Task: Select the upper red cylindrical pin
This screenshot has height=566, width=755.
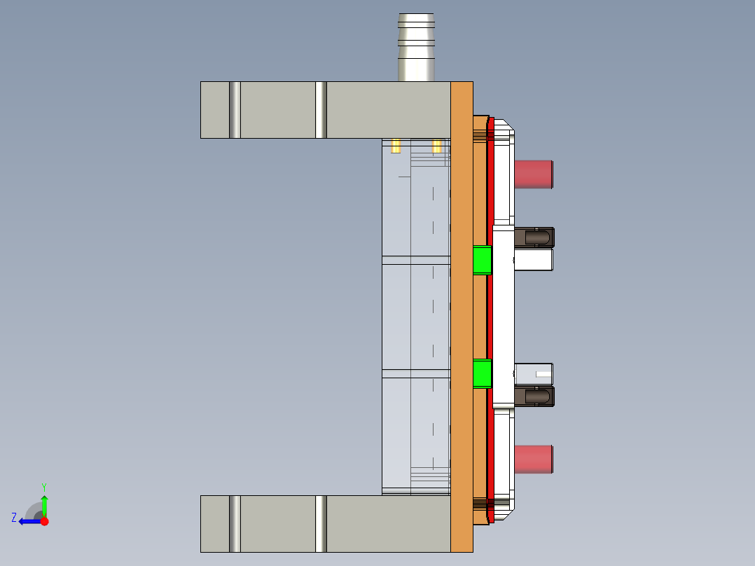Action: [534, 174]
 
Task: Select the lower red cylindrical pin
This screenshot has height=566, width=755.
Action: [534, 459]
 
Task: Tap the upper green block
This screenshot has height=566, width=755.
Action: [482, 260]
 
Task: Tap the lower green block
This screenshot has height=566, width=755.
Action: [482, 373]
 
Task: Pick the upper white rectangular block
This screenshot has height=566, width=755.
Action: [534, 260]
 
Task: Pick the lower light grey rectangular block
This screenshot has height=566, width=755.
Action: [534, 373]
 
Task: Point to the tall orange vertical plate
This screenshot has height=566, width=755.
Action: [462, 315]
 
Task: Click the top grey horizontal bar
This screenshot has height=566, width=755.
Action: [280, 110]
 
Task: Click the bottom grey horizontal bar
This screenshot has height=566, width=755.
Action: [280, 523]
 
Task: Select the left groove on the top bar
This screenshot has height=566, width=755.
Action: [235, 110]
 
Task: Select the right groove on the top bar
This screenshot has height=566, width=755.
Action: [321, 110]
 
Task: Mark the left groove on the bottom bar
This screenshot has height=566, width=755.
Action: [235, 523]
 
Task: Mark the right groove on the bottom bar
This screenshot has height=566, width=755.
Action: [321, 523]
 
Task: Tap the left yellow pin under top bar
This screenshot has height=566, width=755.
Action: [396, 146]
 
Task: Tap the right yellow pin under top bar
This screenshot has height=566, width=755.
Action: [437, 146]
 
